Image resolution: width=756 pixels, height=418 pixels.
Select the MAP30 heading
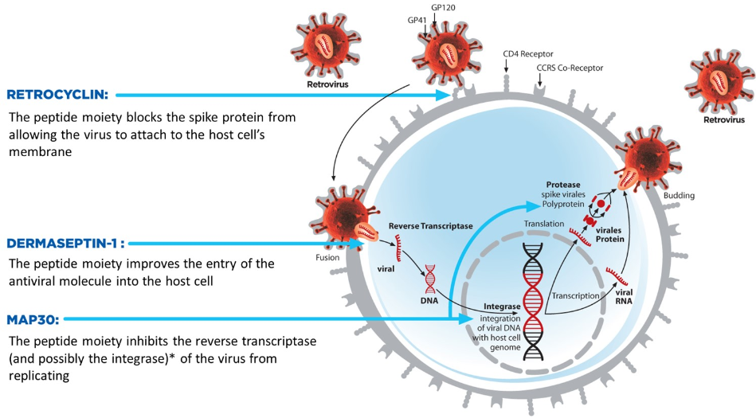[30, 319]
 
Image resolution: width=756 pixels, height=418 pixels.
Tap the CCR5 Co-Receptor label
[570, 68]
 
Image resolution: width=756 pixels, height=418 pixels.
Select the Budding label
[680, 194]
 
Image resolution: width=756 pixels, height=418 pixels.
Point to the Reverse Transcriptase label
[430, 226]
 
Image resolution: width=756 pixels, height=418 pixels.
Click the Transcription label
[575, 295]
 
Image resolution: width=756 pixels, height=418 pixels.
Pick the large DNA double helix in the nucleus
[535, 299]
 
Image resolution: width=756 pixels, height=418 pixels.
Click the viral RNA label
[625, 296]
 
